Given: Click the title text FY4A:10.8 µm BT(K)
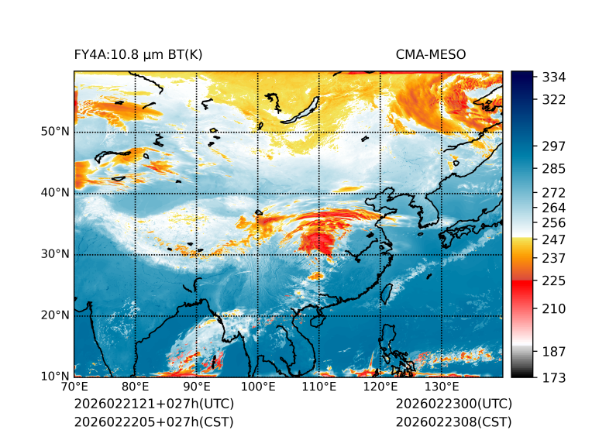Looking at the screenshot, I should (x=138, y=54).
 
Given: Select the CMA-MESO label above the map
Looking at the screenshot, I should (x=431, y=54).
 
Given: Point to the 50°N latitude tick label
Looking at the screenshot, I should (x=55, y=132).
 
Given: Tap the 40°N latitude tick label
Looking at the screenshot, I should (x=55, y=193).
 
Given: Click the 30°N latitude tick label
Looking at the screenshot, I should (x=55, y=254).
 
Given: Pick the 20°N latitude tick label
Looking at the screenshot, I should (x=55, y=315).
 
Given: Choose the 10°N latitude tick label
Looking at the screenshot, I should (x=55, y=377).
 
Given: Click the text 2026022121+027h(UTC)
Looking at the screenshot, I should (x=153, y=404).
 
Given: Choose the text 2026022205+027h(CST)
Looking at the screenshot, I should (x=153, y=422).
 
